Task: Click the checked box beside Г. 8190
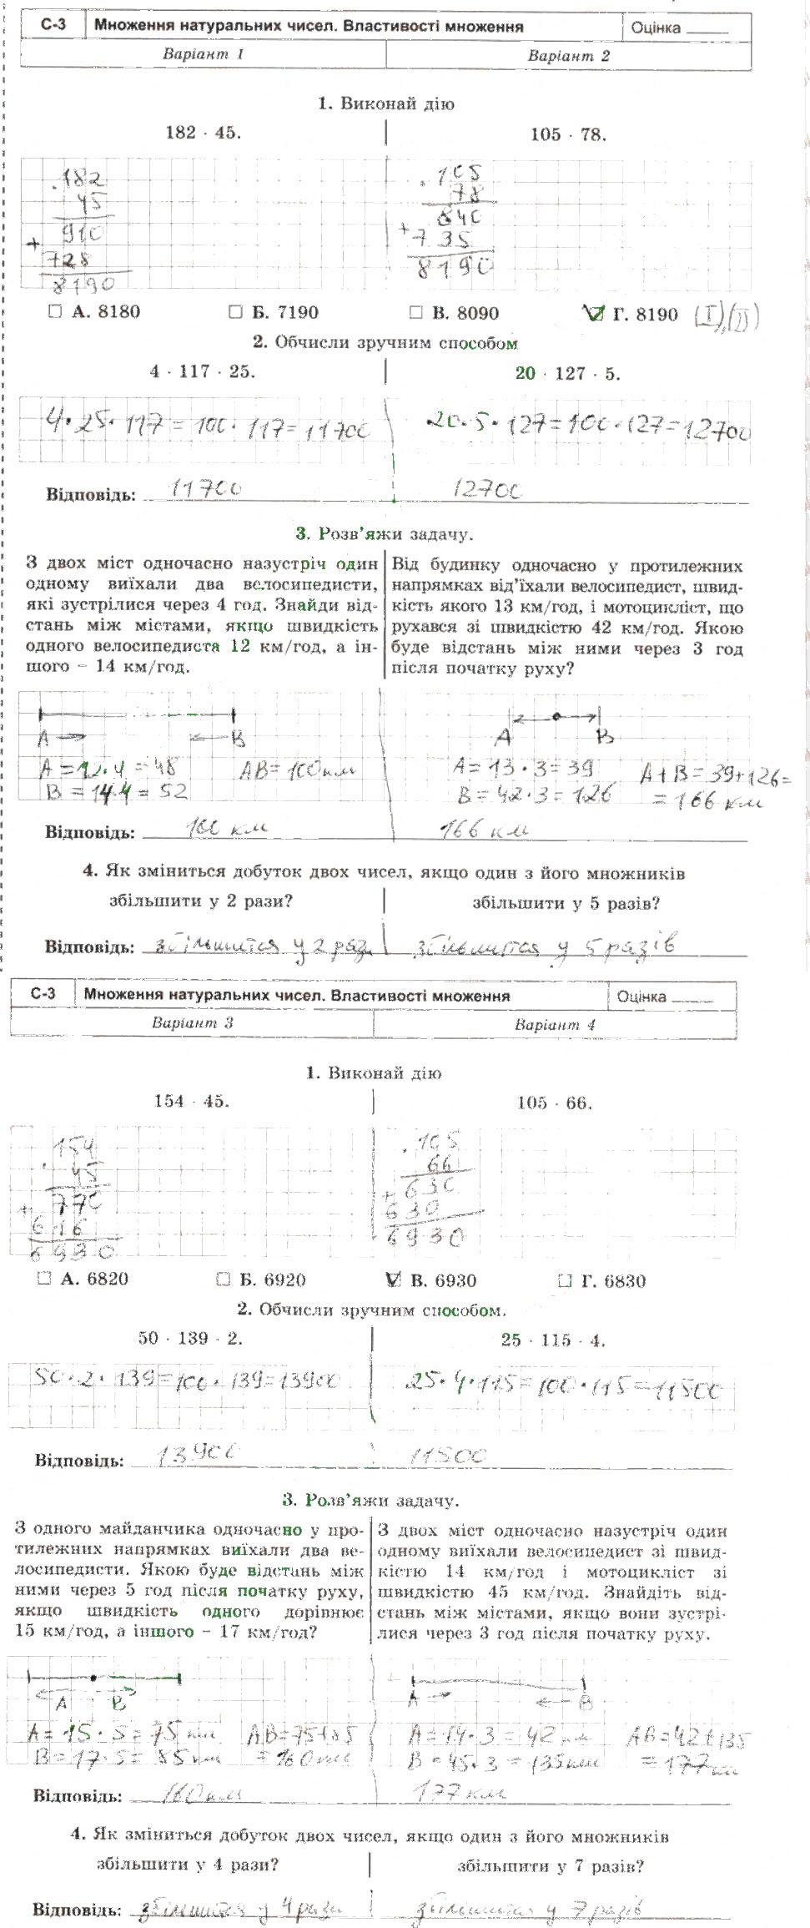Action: (593, 314)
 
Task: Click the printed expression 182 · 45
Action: (203, 132)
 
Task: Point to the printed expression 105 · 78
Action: (568, 134)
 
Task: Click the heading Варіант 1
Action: (203, 54)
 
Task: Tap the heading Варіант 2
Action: (568, 56)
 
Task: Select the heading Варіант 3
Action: (192, 1022)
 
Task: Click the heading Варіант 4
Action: (555, 1025)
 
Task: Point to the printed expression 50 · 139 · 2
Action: (190, 1338)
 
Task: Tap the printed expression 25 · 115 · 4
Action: (553, 1340)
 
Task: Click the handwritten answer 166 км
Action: (484, 829)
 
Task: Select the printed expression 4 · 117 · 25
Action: (203, 371)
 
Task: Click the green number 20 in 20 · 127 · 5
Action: (525, 373)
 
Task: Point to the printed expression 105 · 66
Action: (555, 1103)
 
